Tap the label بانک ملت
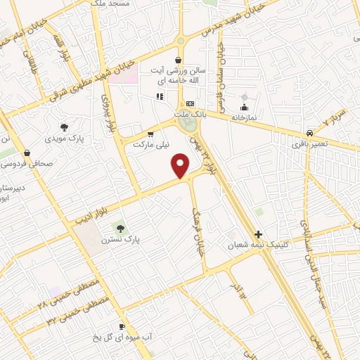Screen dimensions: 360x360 click(191, 112)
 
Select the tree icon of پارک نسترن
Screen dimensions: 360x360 click(120, 228)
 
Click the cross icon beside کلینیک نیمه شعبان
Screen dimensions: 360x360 click(258, 234)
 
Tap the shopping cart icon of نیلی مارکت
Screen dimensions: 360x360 click(150, 134)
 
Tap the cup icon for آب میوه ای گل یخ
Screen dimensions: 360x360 click(122, 327)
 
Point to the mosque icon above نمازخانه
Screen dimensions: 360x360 click(244, 107)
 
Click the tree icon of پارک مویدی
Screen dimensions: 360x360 click(65, 127)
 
